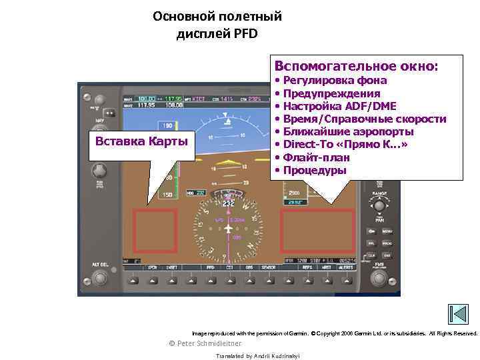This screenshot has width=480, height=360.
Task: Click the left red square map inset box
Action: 155,231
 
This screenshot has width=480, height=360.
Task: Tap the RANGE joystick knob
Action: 380,205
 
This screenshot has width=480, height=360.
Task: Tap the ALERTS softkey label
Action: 346,268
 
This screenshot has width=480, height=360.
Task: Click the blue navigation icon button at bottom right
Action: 457,314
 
